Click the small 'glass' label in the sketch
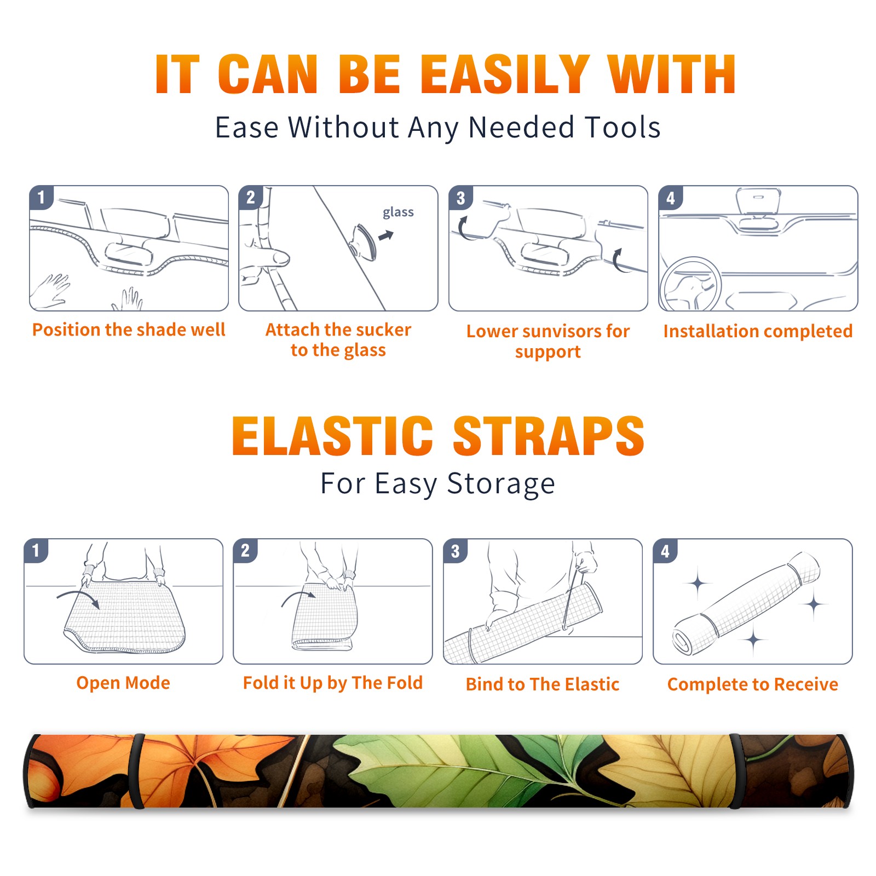point(398,212)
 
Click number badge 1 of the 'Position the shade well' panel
point(41,197)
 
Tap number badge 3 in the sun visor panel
point(460,198)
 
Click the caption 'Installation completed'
point(758,331)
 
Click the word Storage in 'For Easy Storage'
point(501,484)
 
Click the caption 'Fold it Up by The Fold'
point(333,683)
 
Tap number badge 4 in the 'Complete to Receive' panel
point(665,551)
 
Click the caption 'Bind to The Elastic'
point(543,684)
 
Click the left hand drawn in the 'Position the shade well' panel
point(50,291)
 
